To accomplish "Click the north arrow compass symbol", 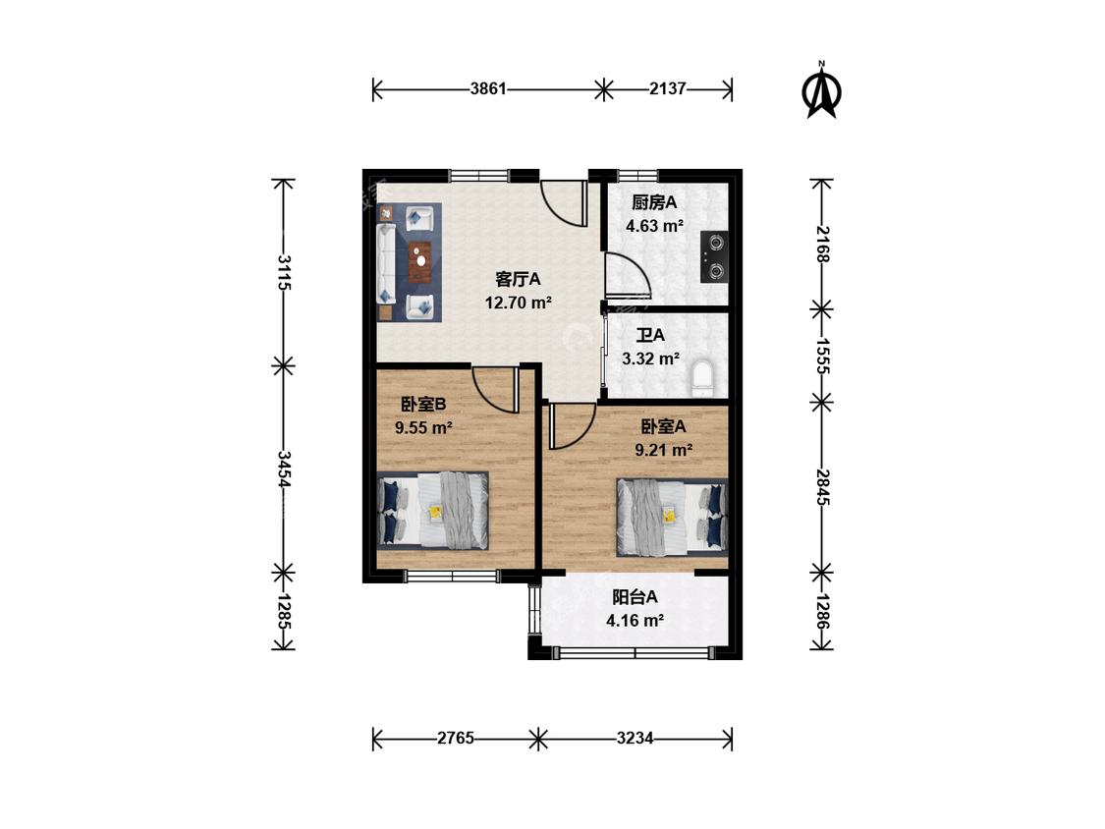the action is pos(822,90).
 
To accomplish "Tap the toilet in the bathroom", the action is pos(702,378).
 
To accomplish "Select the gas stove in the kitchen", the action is pos(715,256).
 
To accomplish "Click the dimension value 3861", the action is pos(488,88).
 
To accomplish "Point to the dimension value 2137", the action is pos(667,88).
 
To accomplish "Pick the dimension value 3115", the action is pos(284,272).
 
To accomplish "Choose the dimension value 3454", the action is pos(284,470).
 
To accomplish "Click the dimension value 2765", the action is pos(455,738).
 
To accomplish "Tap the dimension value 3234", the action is pos(635,738).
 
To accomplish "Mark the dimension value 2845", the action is pos(822,486).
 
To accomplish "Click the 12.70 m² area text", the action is pos(518,304).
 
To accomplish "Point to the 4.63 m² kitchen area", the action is pos(655,226).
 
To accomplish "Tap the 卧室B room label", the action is pos(423,405).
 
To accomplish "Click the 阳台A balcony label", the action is pos(635,598).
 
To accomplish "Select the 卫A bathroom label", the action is pos(650,336).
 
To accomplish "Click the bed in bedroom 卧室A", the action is pos(672,515).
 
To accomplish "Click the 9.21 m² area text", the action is pos(663,450).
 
